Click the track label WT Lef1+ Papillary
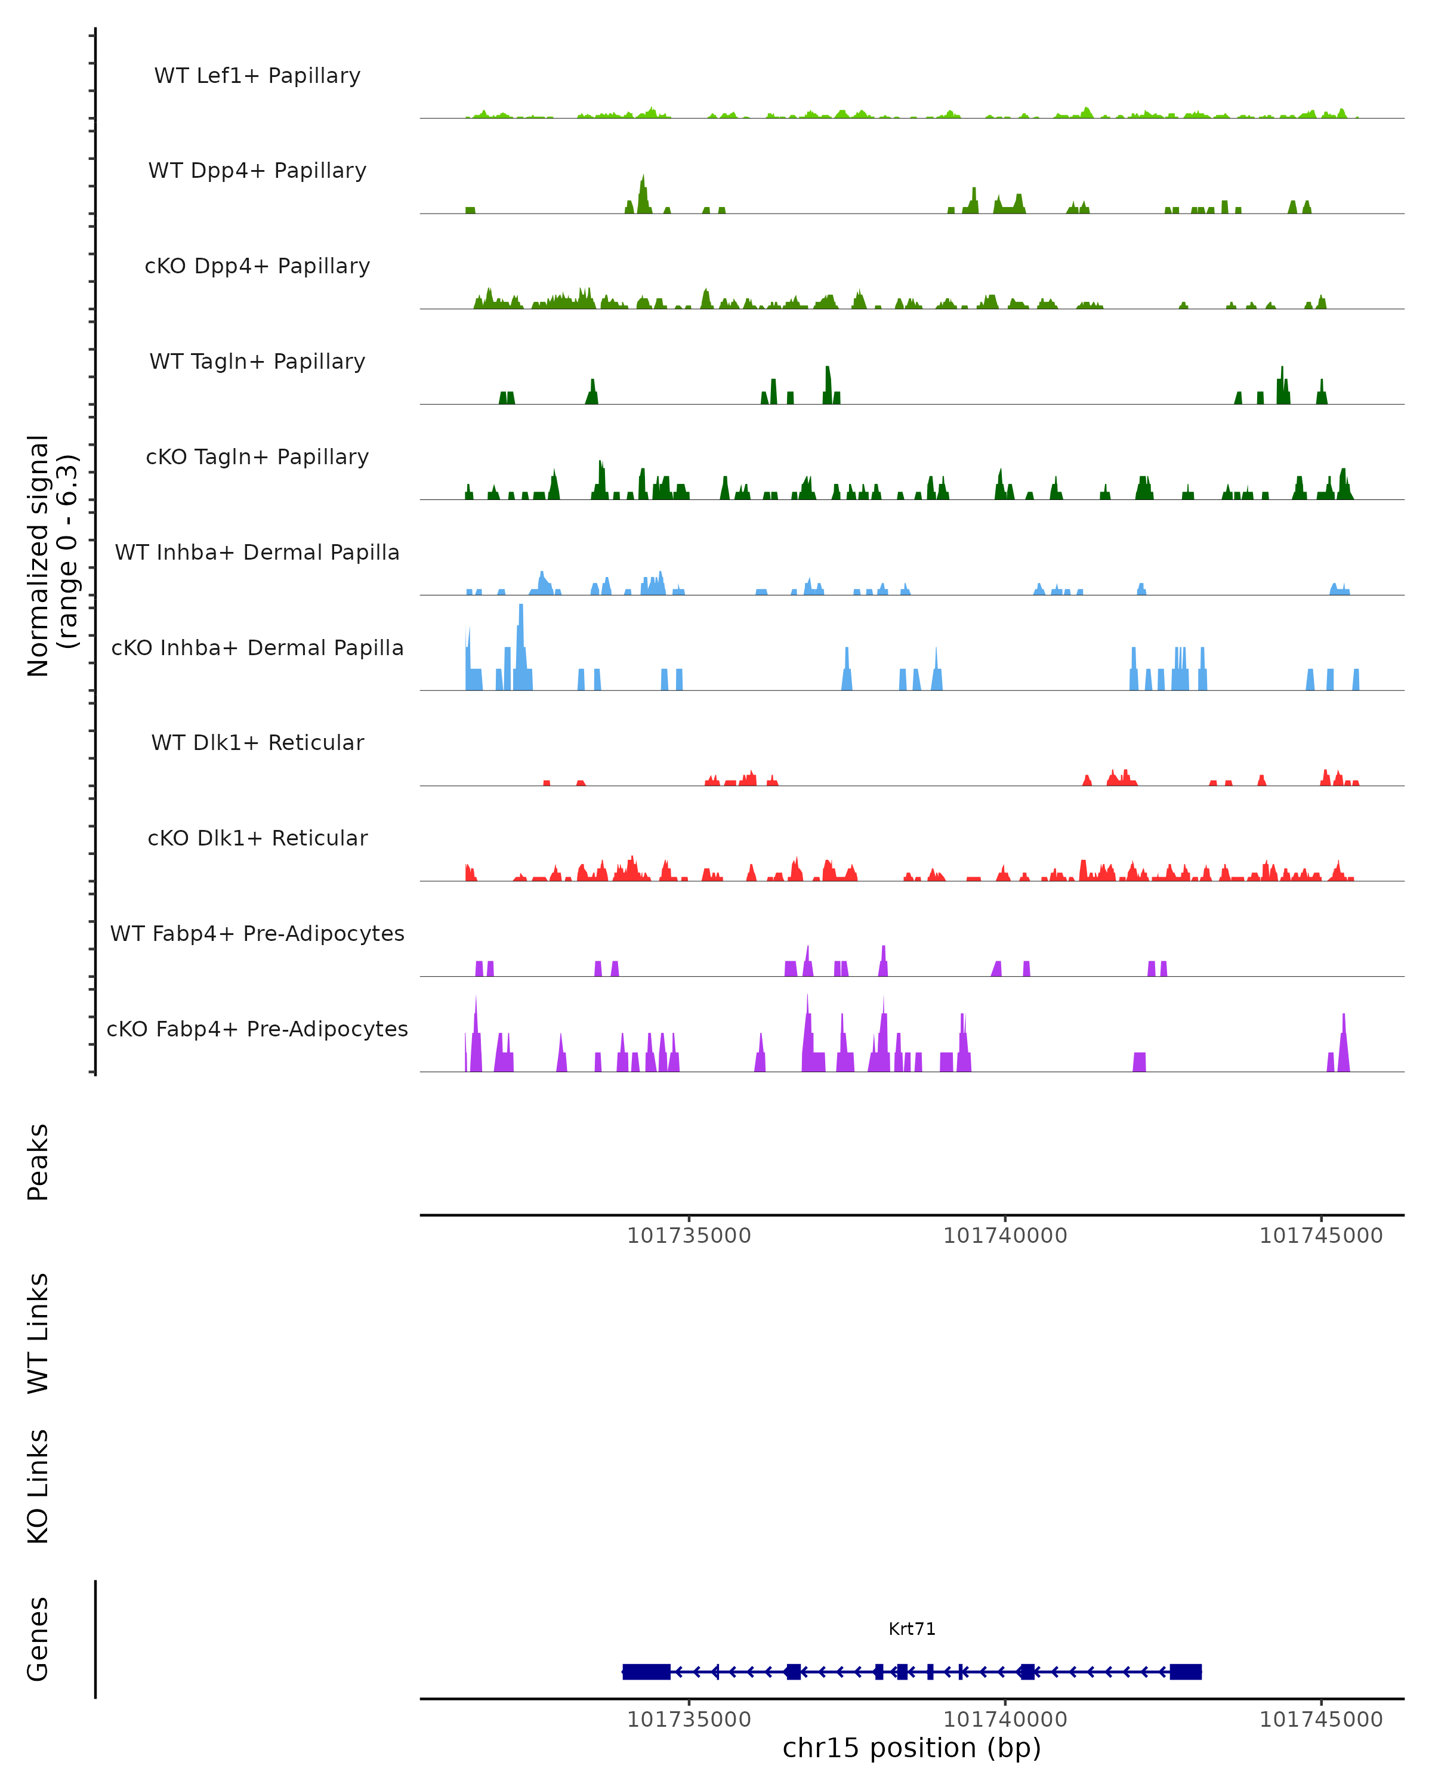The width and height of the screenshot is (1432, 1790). pyautogui.click(x=257, y=76)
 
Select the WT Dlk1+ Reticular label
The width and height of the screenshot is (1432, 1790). pyautogui.click(x=257, y=742)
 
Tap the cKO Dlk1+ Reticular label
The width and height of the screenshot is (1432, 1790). pyautogui.click(x=257, y=838)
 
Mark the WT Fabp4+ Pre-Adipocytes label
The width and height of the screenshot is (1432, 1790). pyautogui.click(x=257, y=933)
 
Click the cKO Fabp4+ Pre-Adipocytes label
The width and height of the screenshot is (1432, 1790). pyautogui.click(x=257, y=1029)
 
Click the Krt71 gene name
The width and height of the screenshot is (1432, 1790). pyautogui.click(x=912, y=1629)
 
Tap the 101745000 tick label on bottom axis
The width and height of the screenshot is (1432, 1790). pyautogui.click(x=1321, y=1718)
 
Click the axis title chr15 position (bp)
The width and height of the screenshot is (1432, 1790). pyautogui.click(x=912, y=1748)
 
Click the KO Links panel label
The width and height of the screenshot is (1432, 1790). pyautogui.click(x=38, y=1486)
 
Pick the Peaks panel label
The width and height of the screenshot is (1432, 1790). pyautogui.click(x=38, y=1162)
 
